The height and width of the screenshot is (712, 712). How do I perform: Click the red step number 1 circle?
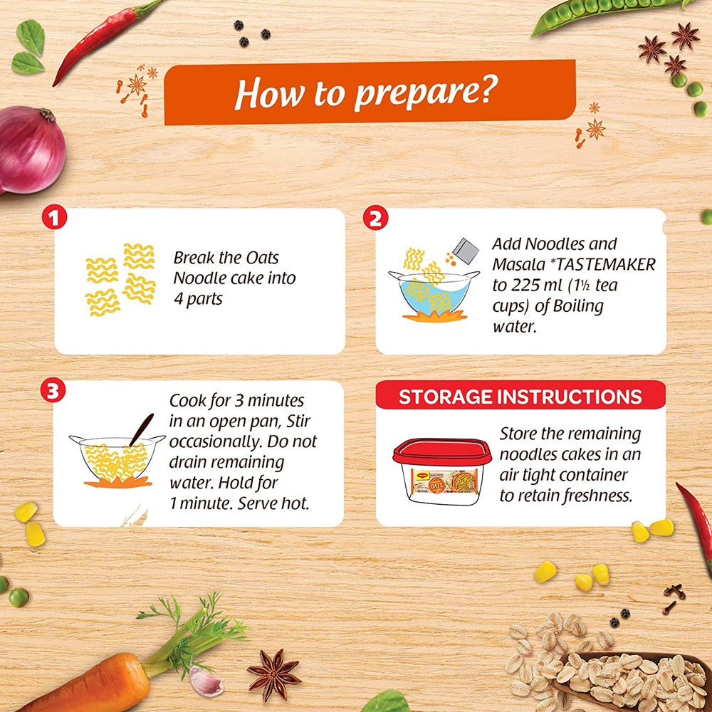pyautogui.click(x=55, y=217)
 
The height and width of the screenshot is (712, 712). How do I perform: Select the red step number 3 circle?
pyautogui.click(x=53, y=390)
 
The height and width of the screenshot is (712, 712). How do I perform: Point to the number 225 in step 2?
pyautogui.click(x=526, y=286)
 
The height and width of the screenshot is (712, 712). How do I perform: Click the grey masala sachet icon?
pyautogui.click(x=466, y=251)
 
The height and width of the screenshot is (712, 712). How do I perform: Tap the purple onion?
pyautogui.click(x=31, y=149)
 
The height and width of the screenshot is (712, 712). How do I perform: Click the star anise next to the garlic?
pyautogui.click(x=274, y=675)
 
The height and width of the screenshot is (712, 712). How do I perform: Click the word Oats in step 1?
pyautogui.click(x=262, y=258)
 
